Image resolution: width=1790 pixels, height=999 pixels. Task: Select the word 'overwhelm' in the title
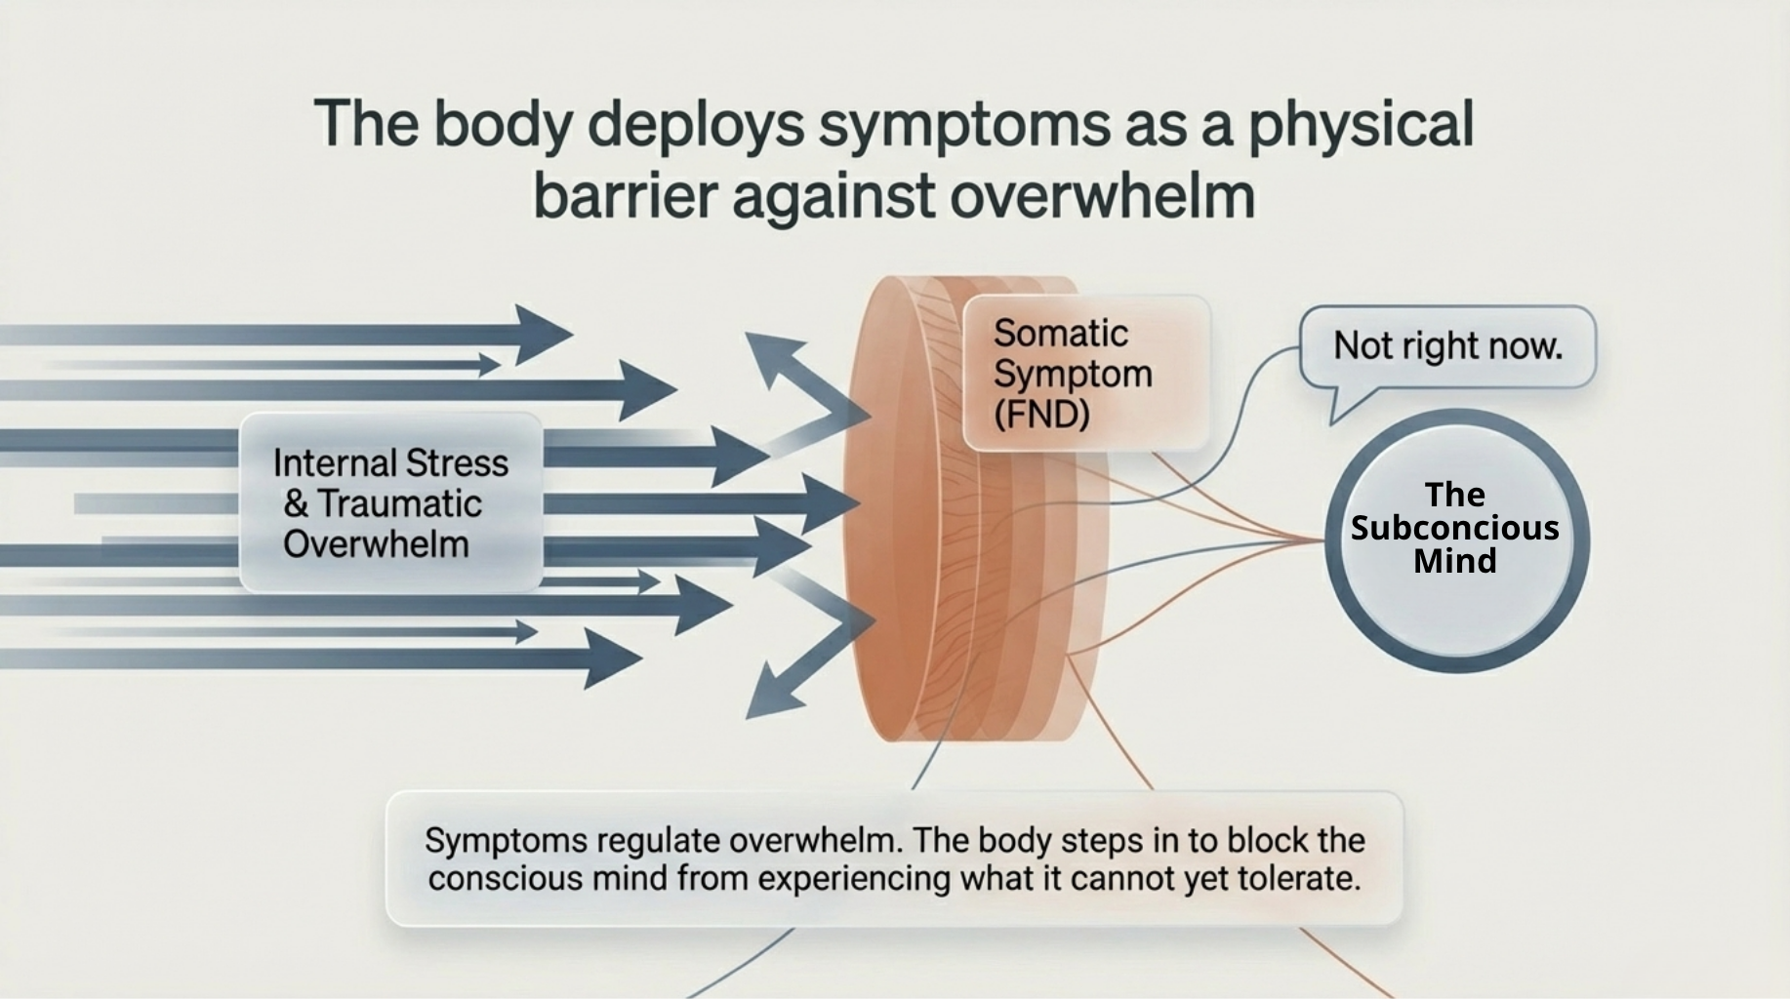tap(1102, 196)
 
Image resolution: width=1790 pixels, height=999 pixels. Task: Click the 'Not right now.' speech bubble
tap(1447, 346)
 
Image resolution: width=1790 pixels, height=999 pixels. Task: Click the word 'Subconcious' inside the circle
tap(1454, 528)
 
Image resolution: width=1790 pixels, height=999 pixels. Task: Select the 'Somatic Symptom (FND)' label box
tap(1085, 374)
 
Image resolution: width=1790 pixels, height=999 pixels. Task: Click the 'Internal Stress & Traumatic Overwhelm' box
tap(390, 503)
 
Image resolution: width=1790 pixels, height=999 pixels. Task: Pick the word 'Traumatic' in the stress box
tap(400, 504)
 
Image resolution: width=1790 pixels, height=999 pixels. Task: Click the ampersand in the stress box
tap(296, 504)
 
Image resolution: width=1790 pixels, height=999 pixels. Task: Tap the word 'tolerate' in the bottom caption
tap(1298, 879)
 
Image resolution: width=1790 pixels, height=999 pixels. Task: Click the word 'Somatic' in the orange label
tap(1061, 334)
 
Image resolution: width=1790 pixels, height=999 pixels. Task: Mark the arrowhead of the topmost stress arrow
tap(542, 335)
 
